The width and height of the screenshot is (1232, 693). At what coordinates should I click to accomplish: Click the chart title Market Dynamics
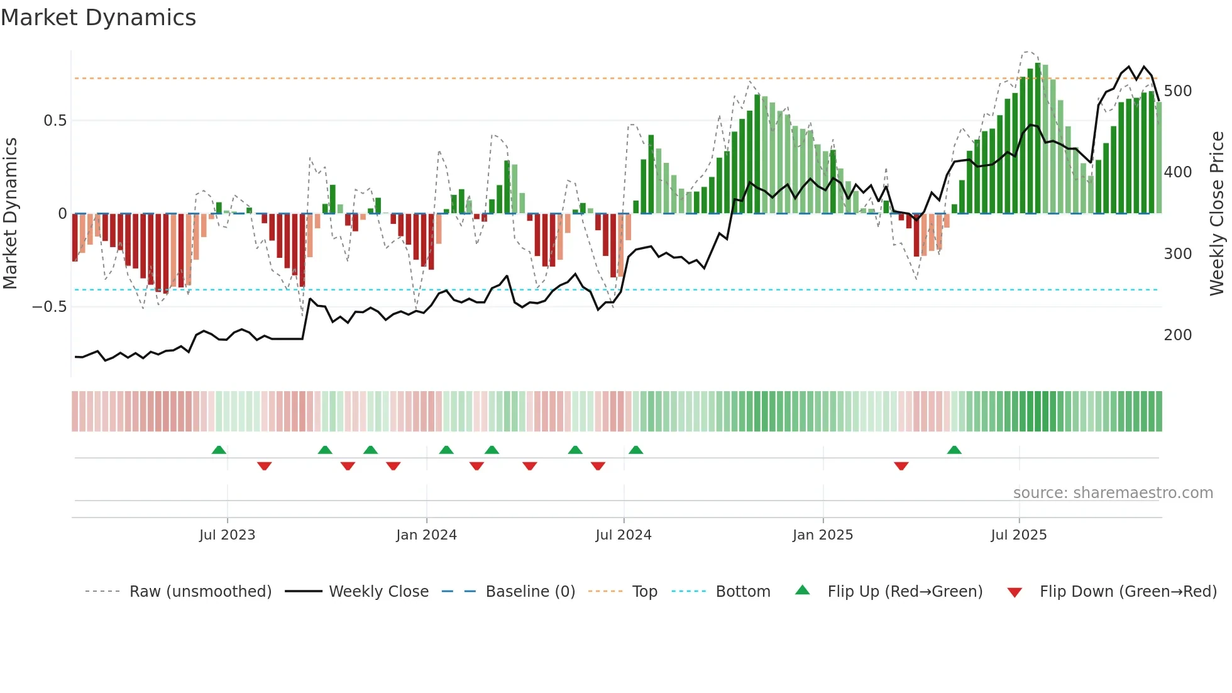point(98,18)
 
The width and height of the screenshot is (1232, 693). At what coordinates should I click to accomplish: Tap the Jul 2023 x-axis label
point(227,535)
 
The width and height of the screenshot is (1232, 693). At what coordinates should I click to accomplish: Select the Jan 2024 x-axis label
point(426,535)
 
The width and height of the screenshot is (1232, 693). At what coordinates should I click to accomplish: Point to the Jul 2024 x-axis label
point(623,535)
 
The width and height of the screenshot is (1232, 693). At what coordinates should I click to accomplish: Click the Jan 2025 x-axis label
point(822,535)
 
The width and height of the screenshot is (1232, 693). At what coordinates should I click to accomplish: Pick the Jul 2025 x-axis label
point(1018,535)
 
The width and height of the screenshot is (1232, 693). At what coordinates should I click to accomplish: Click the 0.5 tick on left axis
point(55,121)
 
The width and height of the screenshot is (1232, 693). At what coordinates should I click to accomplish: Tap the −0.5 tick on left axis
point(49,307)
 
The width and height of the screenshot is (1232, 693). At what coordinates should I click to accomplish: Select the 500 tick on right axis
point(1177,91)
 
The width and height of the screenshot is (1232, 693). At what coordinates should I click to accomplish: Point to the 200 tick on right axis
point(1177,335)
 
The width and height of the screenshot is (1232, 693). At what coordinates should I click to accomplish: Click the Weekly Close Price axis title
point(1217,214)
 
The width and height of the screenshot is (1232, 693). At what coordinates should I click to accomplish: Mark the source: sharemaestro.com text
point(1113,493)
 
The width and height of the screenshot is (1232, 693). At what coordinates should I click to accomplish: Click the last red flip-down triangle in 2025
point(901,466)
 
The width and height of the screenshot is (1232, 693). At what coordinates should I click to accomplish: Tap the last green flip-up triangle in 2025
point(954,450)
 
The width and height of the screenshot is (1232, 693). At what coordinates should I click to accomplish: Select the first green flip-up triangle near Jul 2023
point(219,450)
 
